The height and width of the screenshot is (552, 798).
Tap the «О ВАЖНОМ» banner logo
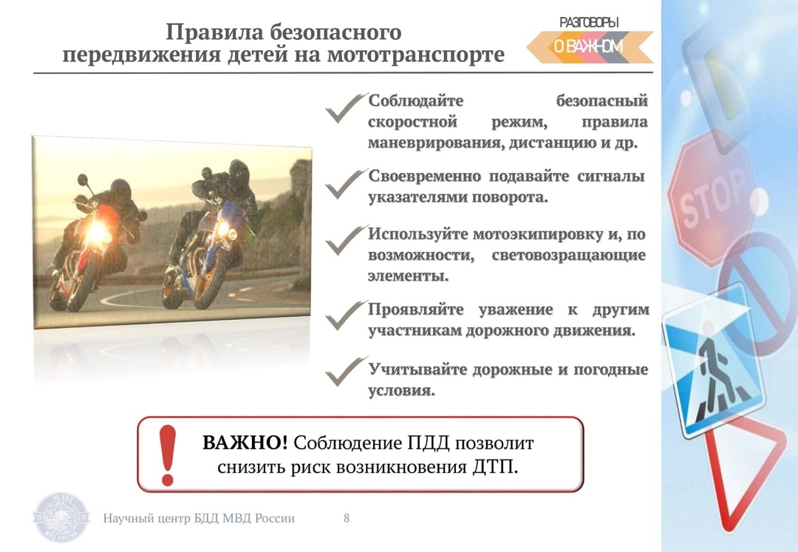(590, 47)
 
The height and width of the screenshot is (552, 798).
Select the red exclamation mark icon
(168, 455)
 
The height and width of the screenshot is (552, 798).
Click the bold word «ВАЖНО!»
(245, 443)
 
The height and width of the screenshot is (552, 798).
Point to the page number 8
(347, 518)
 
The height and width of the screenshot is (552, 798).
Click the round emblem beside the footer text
(61, 517)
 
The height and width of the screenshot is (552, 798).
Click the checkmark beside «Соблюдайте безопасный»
(346, 108)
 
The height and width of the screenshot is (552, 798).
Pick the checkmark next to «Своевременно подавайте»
(346, 184)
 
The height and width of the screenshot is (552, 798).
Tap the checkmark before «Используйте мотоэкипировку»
(346, 240)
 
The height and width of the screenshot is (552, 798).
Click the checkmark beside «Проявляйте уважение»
(346, 316)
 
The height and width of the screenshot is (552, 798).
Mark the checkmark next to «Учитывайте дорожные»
(346, 372)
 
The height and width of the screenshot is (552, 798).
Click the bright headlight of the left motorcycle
(98, 231)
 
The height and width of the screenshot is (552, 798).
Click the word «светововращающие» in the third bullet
(569, 256)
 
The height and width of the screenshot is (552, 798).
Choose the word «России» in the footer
(275, 519)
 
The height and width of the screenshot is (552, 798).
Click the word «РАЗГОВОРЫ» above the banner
(589, 22)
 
